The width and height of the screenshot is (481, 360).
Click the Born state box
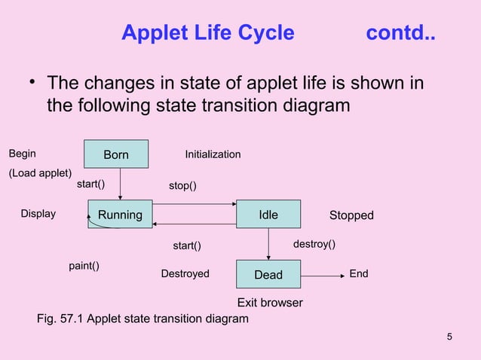tap(116, 154)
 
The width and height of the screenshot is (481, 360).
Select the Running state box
tap(120, 215)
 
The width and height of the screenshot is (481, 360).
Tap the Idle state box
tap(268, 215)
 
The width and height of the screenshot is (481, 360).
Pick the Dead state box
tap(268, 275)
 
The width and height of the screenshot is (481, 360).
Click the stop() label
tap(183, 186)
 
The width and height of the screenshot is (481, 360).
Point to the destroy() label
tap(314, 245)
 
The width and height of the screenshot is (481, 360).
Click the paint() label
tap(84, 266)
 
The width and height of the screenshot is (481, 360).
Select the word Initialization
tap(213, 154)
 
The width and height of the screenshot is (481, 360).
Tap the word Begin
tap(22, 154)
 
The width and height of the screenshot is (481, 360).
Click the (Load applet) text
tap(40, 172)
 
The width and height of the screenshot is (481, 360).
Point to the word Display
tap(38, 214)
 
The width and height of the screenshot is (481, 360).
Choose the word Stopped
tap(351, 215)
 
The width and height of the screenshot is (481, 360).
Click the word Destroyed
tap(185, 274)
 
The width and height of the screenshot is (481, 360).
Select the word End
tap(359, 274)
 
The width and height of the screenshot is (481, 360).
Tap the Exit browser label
tap(270, 303)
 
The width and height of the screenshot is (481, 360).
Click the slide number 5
tap(449, 336)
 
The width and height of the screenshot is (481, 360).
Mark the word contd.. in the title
tap(400, 33)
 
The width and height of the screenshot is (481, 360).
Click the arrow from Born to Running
tap(121, 184)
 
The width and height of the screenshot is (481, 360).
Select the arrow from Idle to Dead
tap(269, 243)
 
